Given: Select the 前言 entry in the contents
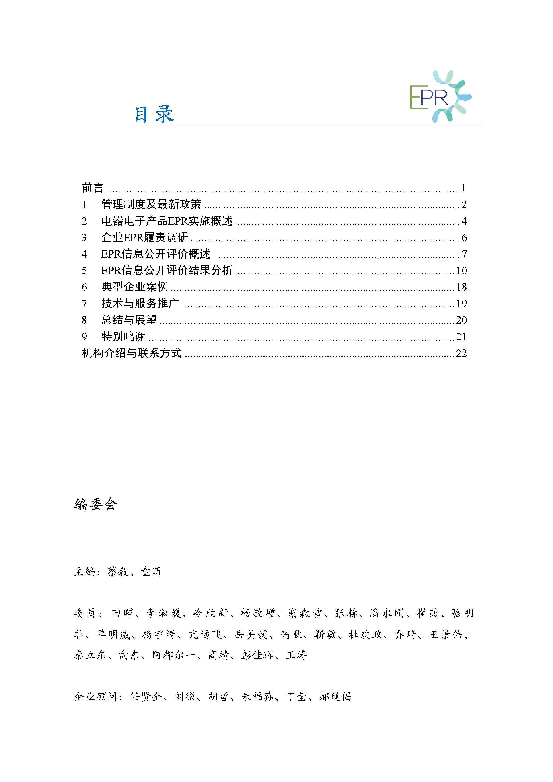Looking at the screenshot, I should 92,188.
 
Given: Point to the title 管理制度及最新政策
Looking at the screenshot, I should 151,204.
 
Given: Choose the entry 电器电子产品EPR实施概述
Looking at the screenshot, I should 167,221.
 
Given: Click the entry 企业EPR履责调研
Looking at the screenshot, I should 145,237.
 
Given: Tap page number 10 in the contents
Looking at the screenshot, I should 461,270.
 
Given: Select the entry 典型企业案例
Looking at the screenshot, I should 135,287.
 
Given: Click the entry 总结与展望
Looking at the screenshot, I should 129,320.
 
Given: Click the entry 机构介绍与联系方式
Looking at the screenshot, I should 132,353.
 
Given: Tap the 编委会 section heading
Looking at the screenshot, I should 96,504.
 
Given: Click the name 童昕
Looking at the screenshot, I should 152,572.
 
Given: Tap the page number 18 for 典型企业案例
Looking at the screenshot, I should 461,287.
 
